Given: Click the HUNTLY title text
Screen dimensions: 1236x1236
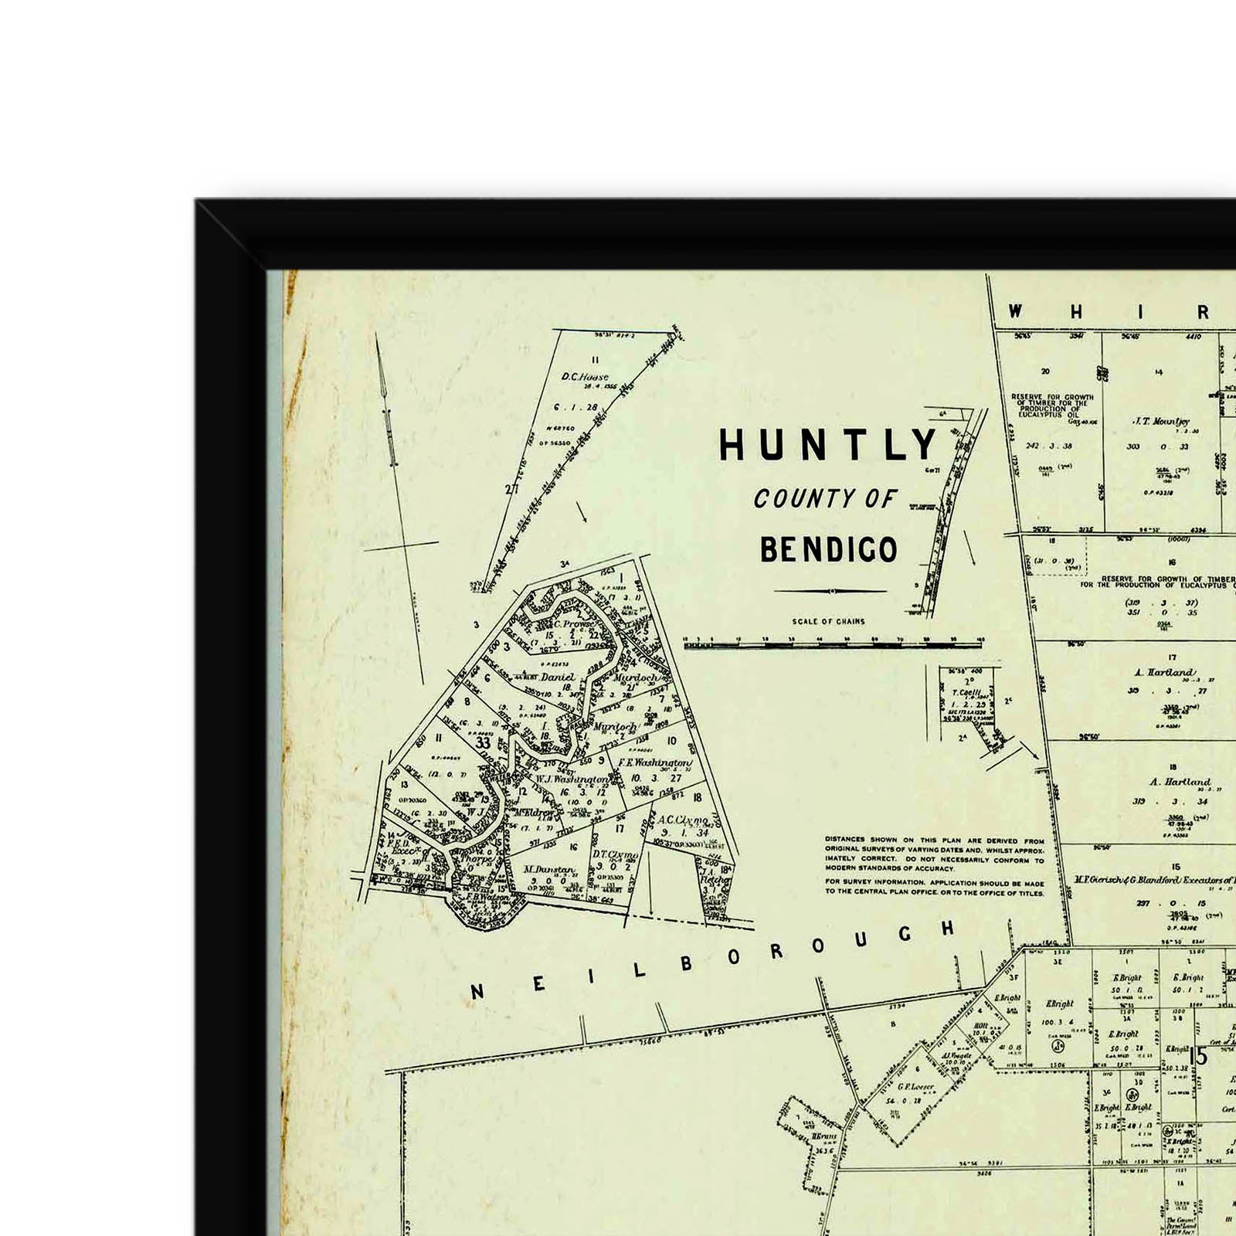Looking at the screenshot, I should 828,445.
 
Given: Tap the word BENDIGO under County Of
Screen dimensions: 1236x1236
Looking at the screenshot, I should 829,549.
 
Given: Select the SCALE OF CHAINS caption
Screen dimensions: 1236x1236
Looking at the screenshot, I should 828,621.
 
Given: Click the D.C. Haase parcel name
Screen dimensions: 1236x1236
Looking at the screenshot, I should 585,377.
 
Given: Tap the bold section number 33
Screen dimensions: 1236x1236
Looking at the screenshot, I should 484,743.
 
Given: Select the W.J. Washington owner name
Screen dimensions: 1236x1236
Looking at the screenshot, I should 572,779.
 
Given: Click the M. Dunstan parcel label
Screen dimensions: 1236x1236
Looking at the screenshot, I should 548,870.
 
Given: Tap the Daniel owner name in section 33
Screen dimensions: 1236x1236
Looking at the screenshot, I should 558,677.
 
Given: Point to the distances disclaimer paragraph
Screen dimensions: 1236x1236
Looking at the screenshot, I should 934,865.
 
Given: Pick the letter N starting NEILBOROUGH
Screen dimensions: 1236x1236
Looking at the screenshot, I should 477,991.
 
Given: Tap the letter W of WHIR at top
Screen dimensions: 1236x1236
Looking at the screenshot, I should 1015,311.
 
